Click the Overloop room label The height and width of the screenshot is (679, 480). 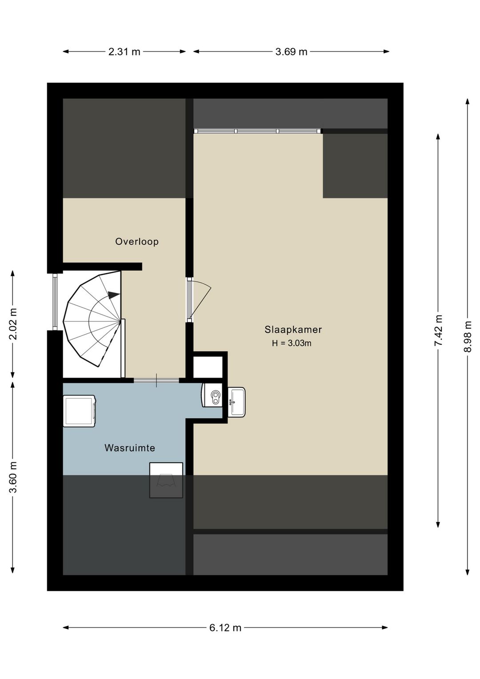[136, 242]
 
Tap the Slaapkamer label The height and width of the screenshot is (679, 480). [293, 330]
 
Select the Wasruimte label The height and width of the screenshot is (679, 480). [130, 448]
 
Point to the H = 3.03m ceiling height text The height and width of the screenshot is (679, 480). [292, 343]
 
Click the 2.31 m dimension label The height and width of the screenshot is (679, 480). [124, 52]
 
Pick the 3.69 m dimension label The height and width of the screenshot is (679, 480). [291, 52]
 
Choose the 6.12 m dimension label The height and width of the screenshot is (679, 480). [225, 627]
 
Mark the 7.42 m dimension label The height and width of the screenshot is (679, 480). [439, 331]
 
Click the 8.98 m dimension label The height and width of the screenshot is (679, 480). [468, 336]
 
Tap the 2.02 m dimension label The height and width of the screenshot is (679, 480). [13, 323]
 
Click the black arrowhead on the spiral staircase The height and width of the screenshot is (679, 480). [113, 294]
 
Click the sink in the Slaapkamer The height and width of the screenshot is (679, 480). [237, 402]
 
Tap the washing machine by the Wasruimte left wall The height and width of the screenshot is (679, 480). [80, 411]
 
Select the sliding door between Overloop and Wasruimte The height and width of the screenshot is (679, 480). [156, 380]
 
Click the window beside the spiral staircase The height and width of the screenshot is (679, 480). [55, 302]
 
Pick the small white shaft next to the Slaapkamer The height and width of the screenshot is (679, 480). [208, 367]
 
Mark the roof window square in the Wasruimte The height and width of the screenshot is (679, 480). [166, 480]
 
